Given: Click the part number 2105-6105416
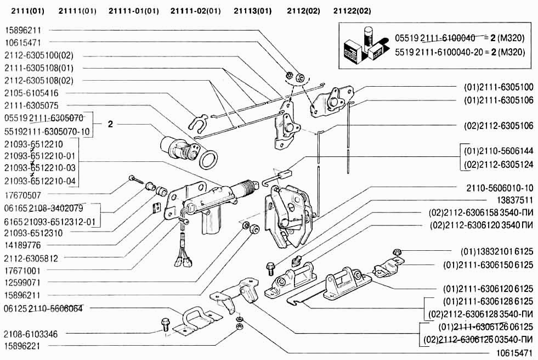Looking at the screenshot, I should [x=31, y=93].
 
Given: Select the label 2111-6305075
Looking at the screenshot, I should [x=31, y=105].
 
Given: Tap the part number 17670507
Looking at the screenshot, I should [x=22, y=195].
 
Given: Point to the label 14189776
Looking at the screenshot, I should [x=22, y=245].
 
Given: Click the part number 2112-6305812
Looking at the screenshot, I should [x=31, y=258].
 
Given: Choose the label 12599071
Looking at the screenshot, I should [x=22, y=283].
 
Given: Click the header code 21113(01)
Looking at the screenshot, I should [x=252, y=11].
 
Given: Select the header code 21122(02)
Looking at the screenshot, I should [x=352, y=11].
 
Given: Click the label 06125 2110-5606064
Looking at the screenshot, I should [x=43, y=308].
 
